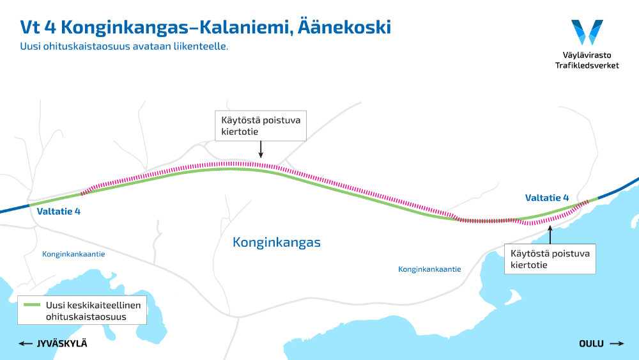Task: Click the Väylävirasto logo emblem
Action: tap(587, 32)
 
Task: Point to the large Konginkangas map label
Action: tap(276, 243)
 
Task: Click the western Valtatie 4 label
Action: tap(58, 211)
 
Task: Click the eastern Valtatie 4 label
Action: tap(546, 198)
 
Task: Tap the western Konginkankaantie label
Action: tap(73, 254)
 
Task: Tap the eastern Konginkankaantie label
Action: tap(429, 269)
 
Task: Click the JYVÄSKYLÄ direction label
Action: tap(61, 344)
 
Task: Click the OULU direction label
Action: tap(591, 344)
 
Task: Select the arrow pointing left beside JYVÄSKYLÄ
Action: tap(26, 344)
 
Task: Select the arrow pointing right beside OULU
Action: tap(617, 344)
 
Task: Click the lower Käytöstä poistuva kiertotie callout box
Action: tap(550, 259)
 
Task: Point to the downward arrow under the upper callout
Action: tap(260, 150)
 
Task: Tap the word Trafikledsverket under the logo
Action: tap(587, 65)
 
